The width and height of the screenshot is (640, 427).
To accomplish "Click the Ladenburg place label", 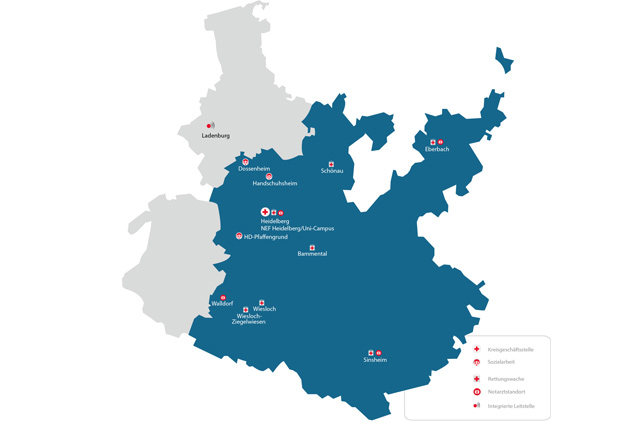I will click(215, 135).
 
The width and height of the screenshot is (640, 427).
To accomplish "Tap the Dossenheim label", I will click(254, 169).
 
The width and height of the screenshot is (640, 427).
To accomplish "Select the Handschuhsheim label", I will click(275, 184).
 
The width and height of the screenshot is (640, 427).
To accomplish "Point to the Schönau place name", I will click(332, 171).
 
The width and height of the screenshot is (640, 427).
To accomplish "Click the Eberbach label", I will click(437, 149).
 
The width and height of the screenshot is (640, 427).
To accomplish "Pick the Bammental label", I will click(312, 254).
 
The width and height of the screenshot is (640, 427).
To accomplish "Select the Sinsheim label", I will click(375, 360).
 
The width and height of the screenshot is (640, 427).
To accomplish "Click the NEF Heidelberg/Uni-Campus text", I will click(297, 228).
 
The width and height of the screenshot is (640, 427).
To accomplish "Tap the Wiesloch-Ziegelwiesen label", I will click(249, 319).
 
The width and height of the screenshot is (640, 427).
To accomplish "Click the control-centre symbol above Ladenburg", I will click(210, 125).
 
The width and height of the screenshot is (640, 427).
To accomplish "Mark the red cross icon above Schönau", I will click(332, 164).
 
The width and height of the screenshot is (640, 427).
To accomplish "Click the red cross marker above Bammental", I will click(312, 247).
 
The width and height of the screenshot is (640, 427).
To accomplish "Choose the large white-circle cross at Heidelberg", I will click(265, 212).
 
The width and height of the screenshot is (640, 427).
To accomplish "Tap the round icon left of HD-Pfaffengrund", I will click(239, 236).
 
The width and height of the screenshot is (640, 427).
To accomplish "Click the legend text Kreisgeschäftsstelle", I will click(511, 350).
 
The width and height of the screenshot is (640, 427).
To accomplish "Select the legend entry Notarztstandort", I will click(505, 391).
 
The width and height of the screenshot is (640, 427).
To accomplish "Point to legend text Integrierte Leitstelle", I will click(511, 405).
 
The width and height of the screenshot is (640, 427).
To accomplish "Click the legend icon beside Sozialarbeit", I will click(477, 361).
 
